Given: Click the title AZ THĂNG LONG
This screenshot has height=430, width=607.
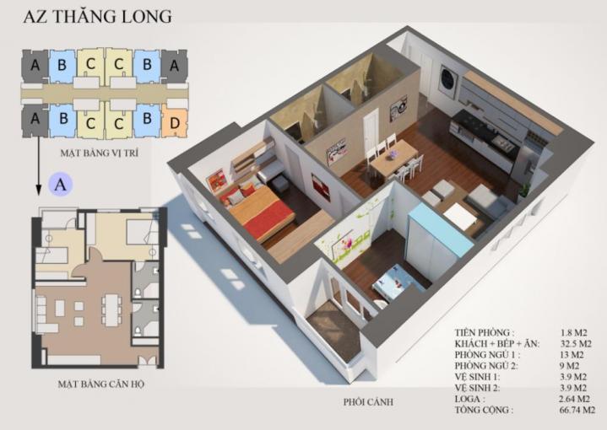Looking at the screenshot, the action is tap(98, 17).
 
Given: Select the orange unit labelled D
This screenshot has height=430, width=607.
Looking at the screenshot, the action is tap(175, 122).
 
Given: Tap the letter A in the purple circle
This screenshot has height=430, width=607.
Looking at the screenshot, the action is tap(61, 185).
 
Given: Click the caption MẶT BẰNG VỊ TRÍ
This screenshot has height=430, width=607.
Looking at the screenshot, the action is tap(99, 153).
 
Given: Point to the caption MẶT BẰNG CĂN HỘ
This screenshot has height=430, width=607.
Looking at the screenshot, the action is tap(101, 384).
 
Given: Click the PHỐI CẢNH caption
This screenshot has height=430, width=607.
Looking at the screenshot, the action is tap(368, 402).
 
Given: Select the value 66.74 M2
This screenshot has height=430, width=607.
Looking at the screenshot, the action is tap(577, 410).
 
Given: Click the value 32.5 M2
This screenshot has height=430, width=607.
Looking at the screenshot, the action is tap(576, 343).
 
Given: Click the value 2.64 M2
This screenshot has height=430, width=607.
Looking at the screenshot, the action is tap(575, 399).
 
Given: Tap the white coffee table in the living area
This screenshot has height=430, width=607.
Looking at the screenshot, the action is tap(460, 216).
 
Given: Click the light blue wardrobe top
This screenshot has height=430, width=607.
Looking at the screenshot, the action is tap(442, 229).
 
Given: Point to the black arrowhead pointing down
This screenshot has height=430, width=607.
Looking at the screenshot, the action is tap(38, 191).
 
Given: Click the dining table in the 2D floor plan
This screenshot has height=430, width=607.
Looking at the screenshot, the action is tap(111, 310).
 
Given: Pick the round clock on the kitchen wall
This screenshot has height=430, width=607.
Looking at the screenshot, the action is tap(447, 78).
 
